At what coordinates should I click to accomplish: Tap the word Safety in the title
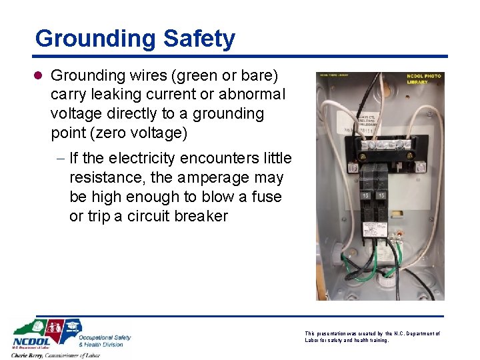pyautogui.click(x=203, y=38)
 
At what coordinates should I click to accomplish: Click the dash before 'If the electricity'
pyautogui.click(x=60, y=159)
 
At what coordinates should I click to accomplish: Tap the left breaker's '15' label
pyautogui.click(x=365, y=197)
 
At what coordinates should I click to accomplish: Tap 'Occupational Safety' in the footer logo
pyautogui.click(x=105, y=338)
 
